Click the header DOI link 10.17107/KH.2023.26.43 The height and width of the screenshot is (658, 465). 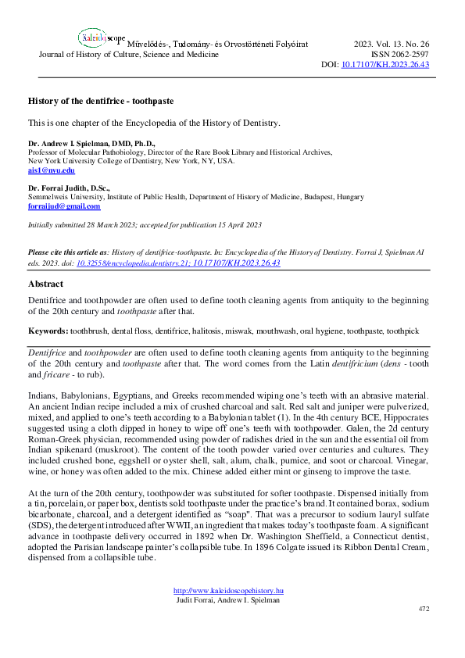(386, 66)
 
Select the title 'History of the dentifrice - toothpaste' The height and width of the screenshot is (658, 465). (101, 102)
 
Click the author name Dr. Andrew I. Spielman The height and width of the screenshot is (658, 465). (91, 144)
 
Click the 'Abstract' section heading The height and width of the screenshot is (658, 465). (45, 284)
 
